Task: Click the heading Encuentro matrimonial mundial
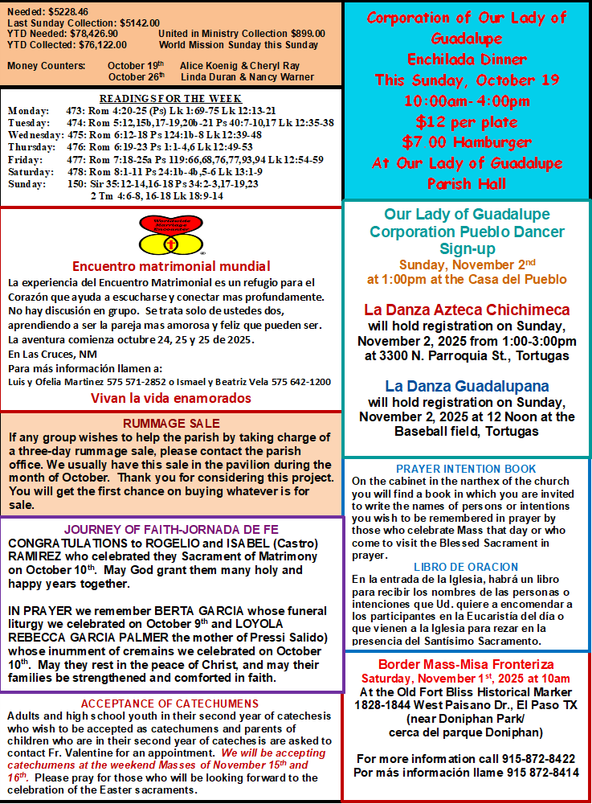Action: pyautogui.click(x=171, y=266)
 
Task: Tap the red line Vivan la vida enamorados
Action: pyautogui.click(x=170, y=398)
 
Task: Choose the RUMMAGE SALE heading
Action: pyautogui.click(x=171, y=424)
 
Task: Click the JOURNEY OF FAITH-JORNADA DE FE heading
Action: pyautogui.click(x=172, y=530)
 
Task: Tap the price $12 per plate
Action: pyautogui.click(x=467, y=121)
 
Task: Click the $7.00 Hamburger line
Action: pyautogui.click(x=467, y=142)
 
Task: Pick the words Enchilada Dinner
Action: pyautogui.click(x=467, y=59)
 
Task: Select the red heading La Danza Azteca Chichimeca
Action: pyautogui.click(x=467, y=310)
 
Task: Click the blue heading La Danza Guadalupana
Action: pyautogui.click(x=467, y=386)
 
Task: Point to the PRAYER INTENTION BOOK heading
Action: pyautogui.click(x=466, y=469)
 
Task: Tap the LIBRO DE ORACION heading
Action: pyautogui.click(x=466, y=567)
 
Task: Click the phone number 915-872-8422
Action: pyautogui.click(x=534, y=758)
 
